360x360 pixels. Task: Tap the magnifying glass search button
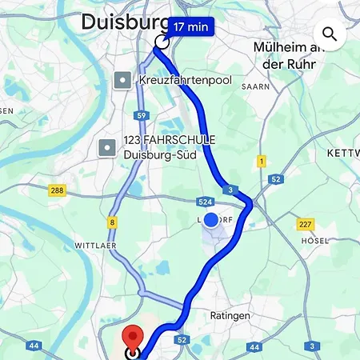click(329, 34)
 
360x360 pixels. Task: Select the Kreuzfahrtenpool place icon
click(122, 80)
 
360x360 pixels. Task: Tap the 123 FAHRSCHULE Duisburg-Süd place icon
click(107, 147)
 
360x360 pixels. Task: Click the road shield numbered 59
click(141, 115)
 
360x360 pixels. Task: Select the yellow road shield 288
click(57, 190)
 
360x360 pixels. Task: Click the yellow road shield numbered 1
click(261, 162)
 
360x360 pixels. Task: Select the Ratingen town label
click(230, 315)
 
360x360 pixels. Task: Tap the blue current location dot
click(211, 220)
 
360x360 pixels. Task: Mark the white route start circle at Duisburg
click(162, 43)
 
